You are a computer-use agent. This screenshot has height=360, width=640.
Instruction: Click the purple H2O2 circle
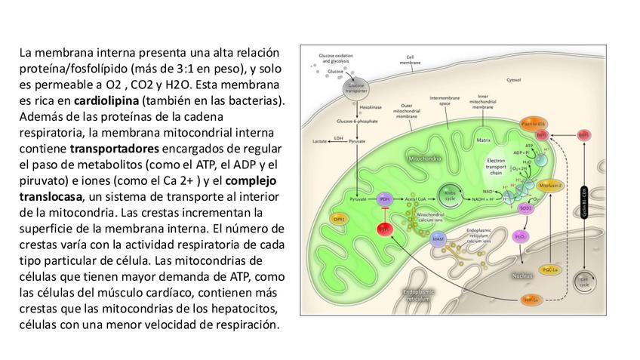tap(521, 236)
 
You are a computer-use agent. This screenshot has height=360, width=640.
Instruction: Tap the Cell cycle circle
tap(583, 282)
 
